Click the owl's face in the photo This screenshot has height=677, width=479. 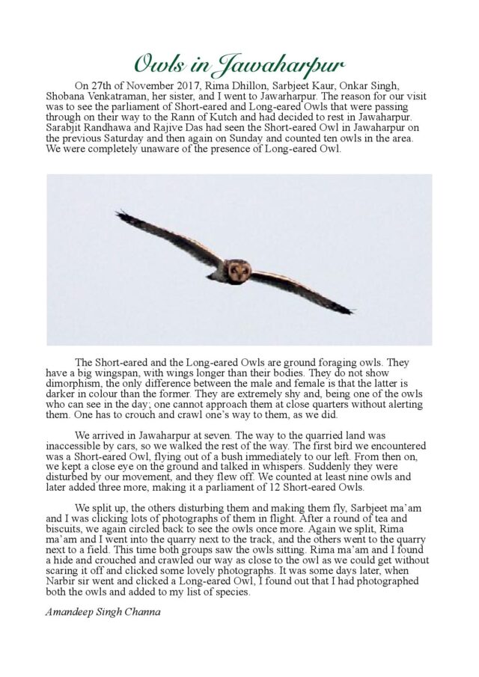point(238,271)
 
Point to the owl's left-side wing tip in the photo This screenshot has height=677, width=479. point(120,215)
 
